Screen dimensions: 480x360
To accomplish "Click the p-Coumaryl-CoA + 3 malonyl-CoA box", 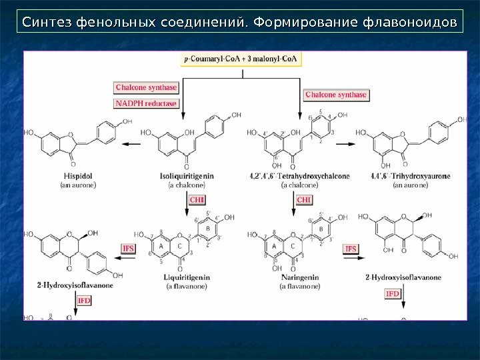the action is pos(242,59).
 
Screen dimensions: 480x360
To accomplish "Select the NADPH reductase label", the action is pos(146,103).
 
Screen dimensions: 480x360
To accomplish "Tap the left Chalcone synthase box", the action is pos(146,87).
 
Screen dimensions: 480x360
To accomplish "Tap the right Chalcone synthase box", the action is pos(336,95).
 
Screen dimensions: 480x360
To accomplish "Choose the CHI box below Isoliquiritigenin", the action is pos(197,199).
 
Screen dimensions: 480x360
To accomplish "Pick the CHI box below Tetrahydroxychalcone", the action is pos(304,199).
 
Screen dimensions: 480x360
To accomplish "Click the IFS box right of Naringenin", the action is pos(351,249).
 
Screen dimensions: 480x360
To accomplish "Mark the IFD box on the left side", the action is pos(84,301).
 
